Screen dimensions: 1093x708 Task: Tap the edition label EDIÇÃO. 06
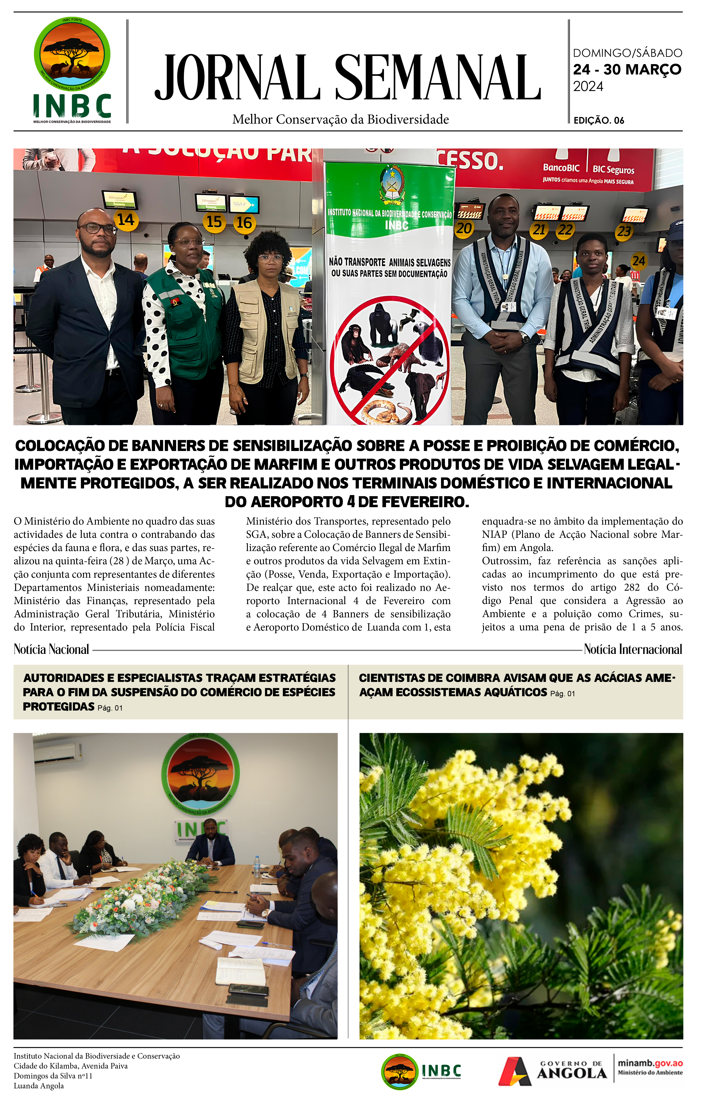[599, 120]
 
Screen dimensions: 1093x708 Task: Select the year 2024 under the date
[588, 86]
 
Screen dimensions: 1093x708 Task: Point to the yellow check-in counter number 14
[126, 220]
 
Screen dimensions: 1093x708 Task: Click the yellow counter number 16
[244, 223]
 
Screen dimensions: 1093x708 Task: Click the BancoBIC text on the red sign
[561, 168]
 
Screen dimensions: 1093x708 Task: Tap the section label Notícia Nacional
[51, 649]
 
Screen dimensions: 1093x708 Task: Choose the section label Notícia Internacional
[633, 649]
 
